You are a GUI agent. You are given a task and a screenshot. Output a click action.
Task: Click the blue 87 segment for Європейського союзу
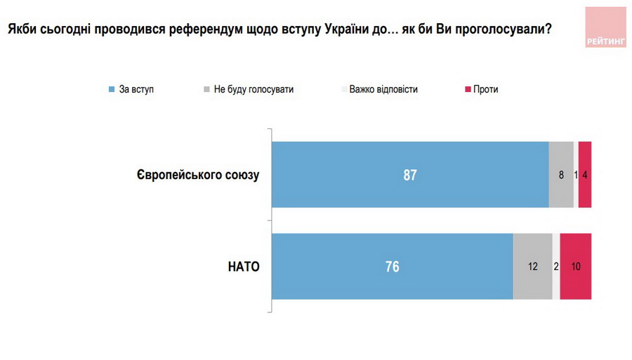point(410,175)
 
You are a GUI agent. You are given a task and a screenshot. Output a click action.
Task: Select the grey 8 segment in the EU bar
point(561,175)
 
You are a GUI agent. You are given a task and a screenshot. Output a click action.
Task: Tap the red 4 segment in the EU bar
point(585,175)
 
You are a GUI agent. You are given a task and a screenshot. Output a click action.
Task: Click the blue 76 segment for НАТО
point(392,267)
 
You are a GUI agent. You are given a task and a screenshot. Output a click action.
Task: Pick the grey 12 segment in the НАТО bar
point(532,267)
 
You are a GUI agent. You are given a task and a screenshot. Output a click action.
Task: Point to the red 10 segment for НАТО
point(576,267)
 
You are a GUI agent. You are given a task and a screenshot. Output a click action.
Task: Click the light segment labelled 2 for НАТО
point(556,267)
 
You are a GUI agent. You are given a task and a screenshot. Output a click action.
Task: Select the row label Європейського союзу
point(198,175)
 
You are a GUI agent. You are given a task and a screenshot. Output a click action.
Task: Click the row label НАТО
point(244,267)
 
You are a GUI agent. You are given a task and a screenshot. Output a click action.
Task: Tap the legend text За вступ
point(136,90)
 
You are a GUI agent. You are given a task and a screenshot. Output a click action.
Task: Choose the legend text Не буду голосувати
point(254,90)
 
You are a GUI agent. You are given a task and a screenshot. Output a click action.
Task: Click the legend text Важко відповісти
point(383,90)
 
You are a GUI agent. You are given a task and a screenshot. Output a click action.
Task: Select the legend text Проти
point(486,90)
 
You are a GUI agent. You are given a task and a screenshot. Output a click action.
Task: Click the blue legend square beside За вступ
point(112,90)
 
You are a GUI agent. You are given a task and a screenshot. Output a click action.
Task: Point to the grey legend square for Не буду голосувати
point(206,90)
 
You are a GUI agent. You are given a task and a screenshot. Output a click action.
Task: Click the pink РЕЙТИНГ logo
point(606,28)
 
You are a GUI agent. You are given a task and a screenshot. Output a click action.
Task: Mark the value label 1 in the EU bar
point(576,175)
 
